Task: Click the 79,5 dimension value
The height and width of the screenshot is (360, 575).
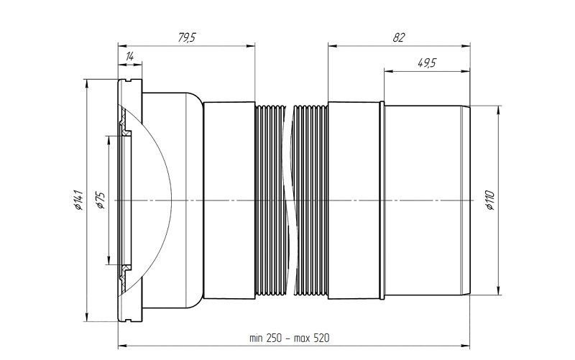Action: [188, 37]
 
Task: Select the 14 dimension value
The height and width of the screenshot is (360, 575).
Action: [130, 57]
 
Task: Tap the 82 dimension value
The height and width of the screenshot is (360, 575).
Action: [399, 37]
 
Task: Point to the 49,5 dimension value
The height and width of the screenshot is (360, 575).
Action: [427, 63]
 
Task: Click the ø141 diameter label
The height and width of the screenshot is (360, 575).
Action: [78, 200]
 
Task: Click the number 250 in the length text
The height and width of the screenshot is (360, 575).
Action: [274, 337]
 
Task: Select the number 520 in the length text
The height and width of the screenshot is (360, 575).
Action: [321, 337]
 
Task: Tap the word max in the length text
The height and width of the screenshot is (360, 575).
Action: [302, 338]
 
